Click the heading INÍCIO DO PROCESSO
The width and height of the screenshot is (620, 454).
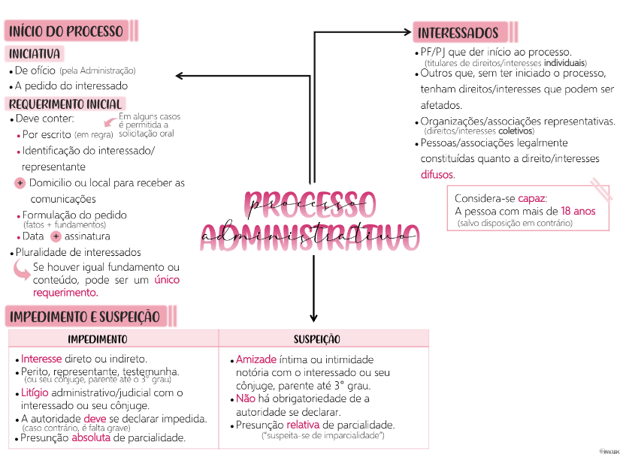click(65, 31)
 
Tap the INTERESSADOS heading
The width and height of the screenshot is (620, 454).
click(458, 33)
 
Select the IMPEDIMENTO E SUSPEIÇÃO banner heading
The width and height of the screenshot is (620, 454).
click(85, 316)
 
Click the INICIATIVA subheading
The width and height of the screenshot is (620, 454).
click(35, 54)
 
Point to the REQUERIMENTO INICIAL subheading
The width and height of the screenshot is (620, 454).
click(65, 104)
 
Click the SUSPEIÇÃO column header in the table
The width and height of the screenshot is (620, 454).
click(316, 339)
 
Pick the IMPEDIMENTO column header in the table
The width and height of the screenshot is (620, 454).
click(98, 339)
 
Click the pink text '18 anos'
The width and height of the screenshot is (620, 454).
click(578, 211)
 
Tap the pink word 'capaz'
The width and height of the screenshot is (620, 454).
click(531, 198)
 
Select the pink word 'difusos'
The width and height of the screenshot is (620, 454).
click(437, 175)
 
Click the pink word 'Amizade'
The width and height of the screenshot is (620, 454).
click(256, 359)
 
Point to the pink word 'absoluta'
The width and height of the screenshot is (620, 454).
click(91, 437)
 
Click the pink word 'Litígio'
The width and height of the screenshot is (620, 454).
click(35, 392)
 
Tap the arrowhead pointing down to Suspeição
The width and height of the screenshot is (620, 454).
click(314, 316)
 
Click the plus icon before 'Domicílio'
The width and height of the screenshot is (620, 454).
click(20, 183)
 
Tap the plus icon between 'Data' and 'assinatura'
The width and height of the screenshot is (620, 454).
click(55, 236)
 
